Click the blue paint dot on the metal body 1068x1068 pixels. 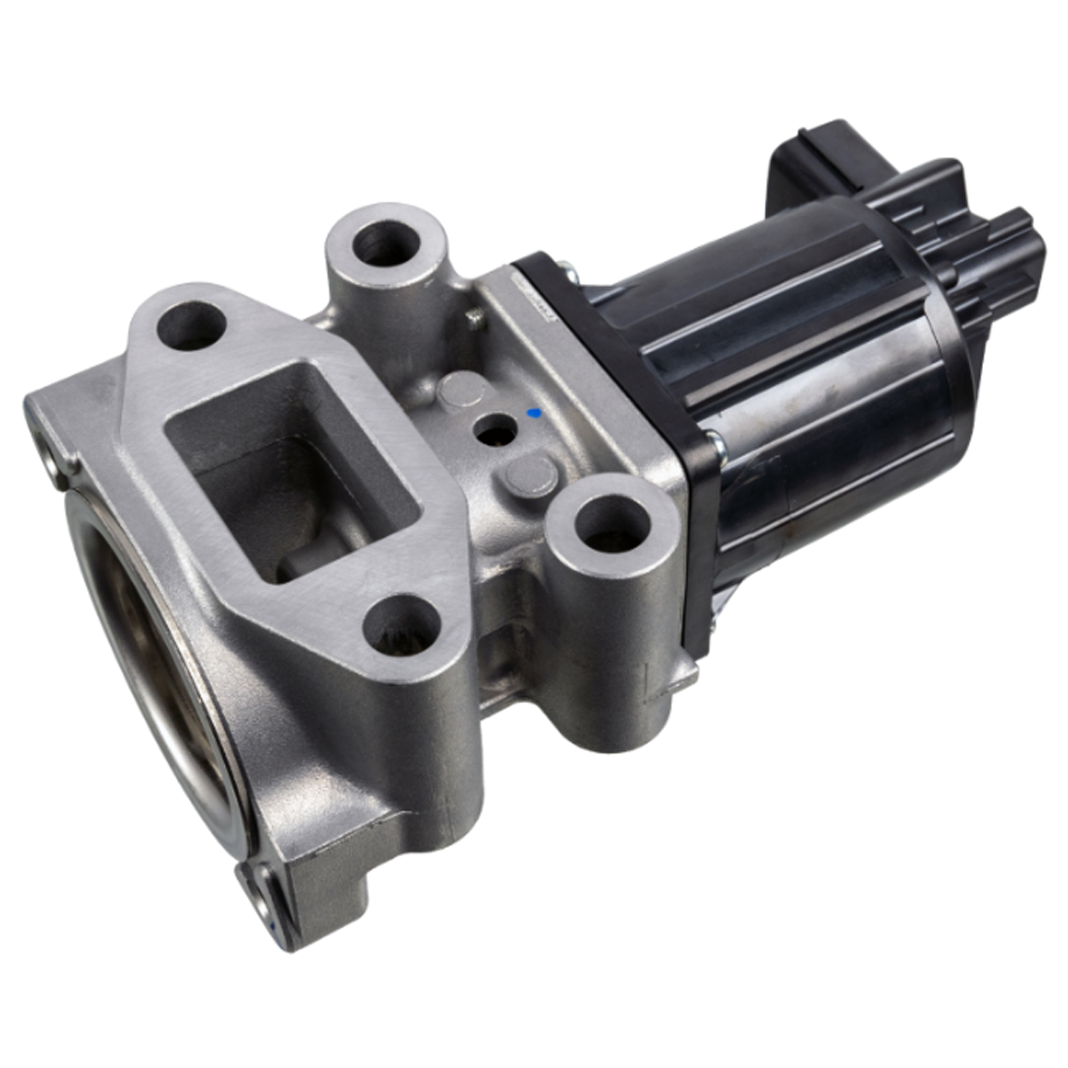click(x=533, y=412)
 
